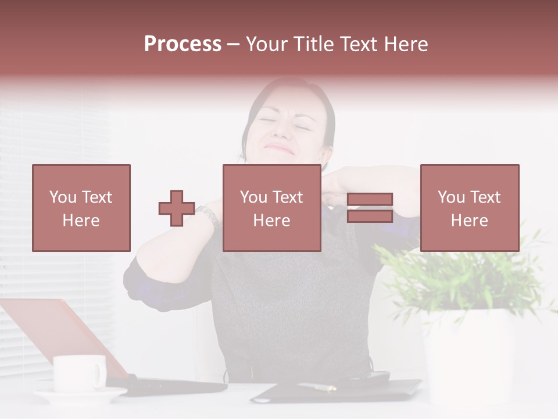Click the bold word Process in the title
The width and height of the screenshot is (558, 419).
pos(183,44)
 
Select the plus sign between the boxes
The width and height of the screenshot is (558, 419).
pos(177,208)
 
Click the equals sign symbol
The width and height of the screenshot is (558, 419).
pos(370,208)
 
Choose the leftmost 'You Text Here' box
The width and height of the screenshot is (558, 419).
pos(81,208)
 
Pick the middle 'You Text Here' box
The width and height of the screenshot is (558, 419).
pos(271,208)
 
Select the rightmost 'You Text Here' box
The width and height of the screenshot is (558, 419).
pos(469,208)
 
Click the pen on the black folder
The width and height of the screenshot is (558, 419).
pos(317,386)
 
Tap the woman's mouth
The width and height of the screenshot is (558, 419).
pos(281,149)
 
